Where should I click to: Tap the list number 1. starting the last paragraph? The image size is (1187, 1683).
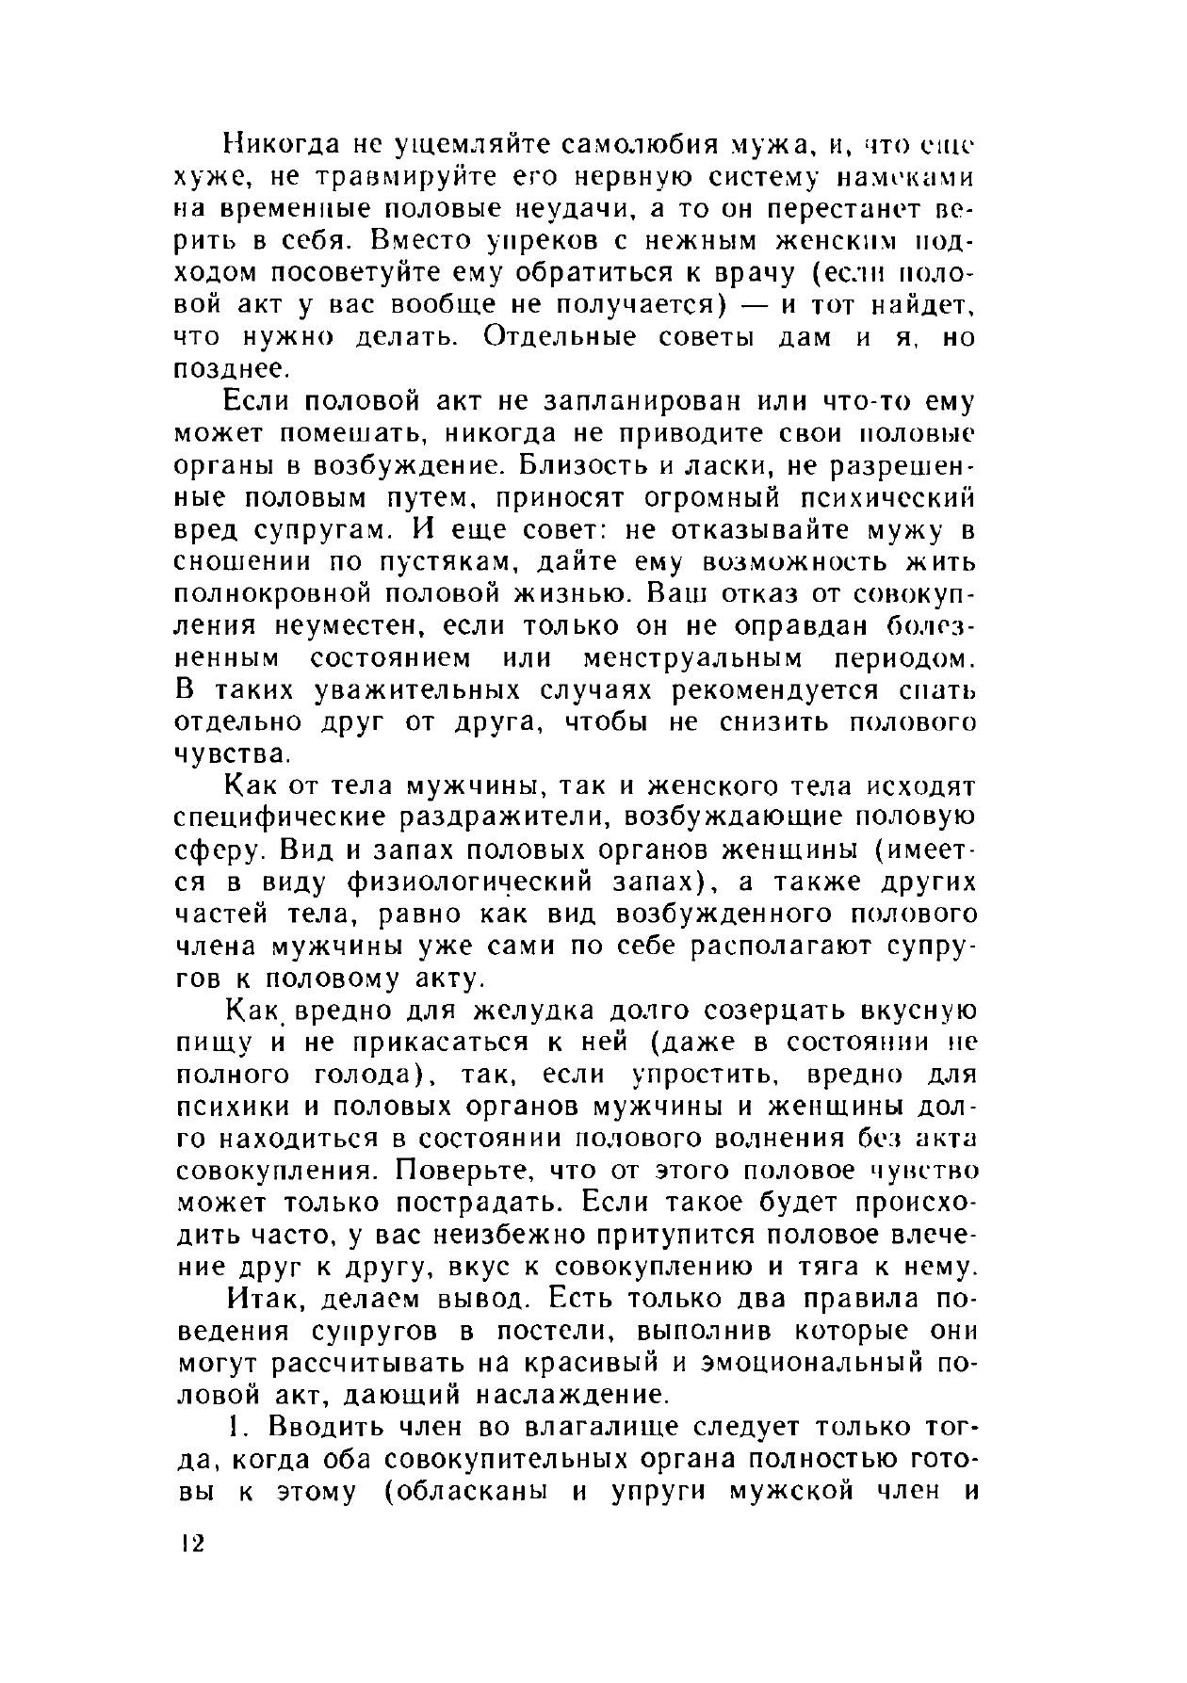point(238,1428)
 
